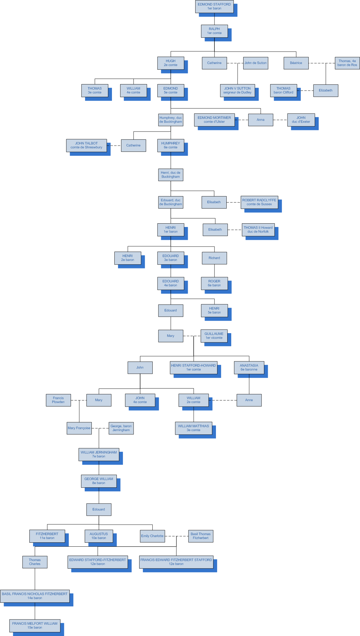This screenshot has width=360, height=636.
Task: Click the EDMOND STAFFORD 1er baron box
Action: pos(214,6)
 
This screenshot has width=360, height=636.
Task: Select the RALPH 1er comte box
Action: pos(214,31)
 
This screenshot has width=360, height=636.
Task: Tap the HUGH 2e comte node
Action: pos(170,63)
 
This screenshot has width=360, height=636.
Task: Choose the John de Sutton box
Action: pos(255,63)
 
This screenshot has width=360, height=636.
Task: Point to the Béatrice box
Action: pos(296,63)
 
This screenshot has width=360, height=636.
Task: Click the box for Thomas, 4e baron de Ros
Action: pos(347,63)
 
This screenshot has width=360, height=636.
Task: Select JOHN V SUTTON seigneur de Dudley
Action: pos(237,90)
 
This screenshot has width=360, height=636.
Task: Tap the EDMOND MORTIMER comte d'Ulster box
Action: pos(214,120)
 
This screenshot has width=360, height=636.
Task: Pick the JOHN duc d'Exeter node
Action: pos(301,120)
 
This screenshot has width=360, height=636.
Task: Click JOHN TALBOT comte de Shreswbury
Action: pos(86,145)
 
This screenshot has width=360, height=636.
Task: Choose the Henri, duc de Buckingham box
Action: pos(170,175)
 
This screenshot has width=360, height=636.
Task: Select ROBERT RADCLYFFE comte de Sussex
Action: pos(259,202)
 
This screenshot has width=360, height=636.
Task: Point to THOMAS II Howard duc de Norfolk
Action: pos(258,229)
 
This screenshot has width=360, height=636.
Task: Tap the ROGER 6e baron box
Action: pos(214,283)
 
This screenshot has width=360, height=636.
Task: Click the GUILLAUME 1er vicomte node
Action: pos(214,336)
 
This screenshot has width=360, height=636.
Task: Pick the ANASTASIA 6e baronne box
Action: pos(249,367)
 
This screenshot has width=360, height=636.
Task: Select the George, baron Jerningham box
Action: pos(121,428)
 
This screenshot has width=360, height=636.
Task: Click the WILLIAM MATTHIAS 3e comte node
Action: pos(193,428)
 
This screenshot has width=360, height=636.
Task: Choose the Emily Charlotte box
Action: pos(152,536)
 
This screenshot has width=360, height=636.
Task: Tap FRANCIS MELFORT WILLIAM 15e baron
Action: pos(35,625)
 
